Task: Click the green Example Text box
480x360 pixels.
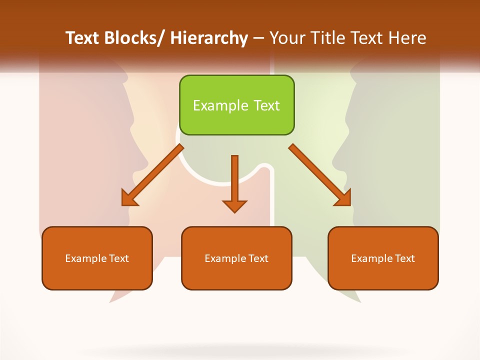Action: pos(236,105)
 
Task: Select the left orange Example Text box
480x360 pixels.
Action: pos(97,258)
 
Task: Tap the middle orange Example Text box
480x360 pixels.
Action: pos(236,258)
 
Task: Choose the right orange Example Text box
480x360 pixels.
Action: pos(383,258)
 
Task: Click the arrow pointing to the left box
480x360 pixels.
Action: pos(152,175)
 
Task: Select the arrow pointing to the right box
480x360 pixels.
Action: pos(320,175)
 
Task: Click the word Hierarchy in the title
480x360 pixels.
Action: pos(209,38)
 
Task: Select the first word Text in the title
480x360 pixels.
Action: pos(84,38)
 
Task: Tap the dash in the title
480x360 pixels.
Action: pos(258,38)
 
